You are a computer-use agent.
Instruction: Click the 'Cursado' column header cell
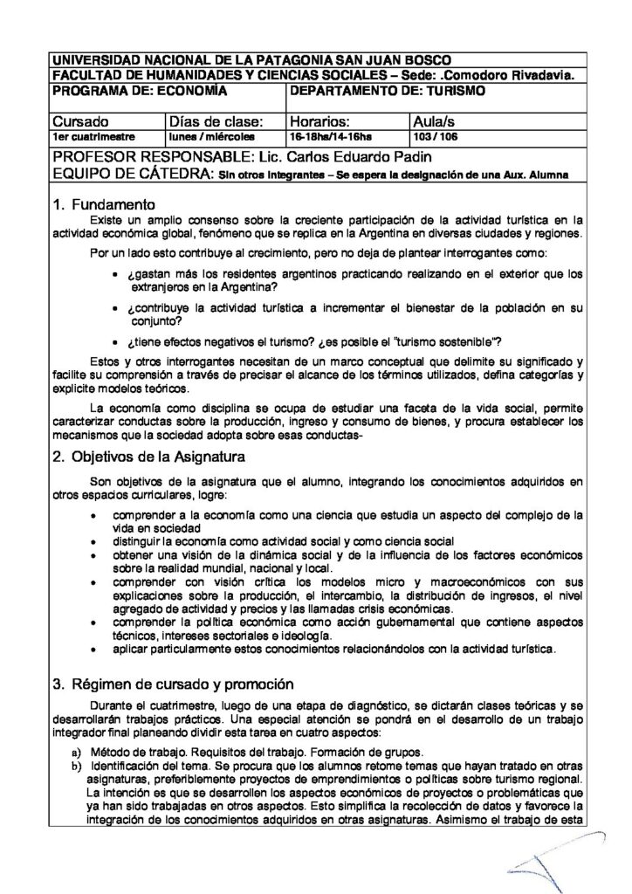click(80, 121)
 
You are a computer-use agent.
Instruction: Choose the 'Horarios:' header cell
click(320, 121)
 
